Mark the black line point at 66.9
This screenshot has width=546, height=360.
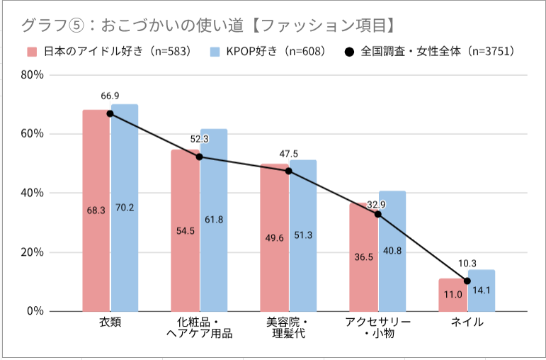pos(110,113)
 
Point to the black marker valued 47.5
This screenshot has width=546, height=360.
pos(288,171)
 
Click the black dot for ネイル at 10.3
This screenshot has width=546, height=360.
pos(467,281)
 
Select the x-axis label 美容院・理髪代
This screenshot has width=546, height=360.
pos(288,328)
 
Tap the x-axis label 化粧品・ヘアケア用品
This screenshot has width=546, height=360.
pos(199,328)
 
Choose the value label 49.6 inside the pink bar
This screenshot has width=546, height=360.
pos(274,257)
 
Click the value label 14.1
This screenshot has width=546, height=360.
pos(482,289)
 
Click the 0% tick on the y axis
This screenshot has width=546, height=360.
pos(34,311)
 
